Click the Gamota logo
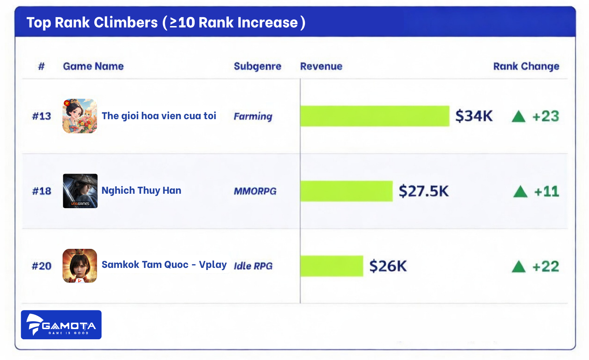pos(61,324)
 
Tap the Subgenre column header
pos(257,66)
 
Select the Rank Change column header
pos(526,66)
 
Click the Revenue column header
pos(321,66)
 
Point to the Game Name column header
pos(93,66)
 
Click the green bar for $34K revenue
pos(375,116)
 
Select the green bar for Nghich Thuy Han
pos(346,191)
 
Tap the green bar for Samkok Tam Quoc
pos(331,266)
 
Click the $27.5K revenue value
pos(423,191)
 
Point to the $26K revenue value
pos(388,266)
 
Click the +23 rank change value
pos(545,116)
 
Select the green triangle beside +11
pos(520,192)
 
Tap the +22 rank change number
pos(545,266)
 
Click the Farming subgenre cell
pos(253,116)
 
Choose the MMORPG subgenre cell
pos(255,191)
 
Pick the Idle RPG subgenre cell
pos(253,266)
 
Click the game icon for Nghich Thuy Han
pos(80,191)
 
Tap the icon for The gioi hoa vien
pos(80,116)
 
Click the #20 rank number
pos(41,266)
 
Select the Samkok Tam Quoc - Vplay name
pos(164,265)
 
